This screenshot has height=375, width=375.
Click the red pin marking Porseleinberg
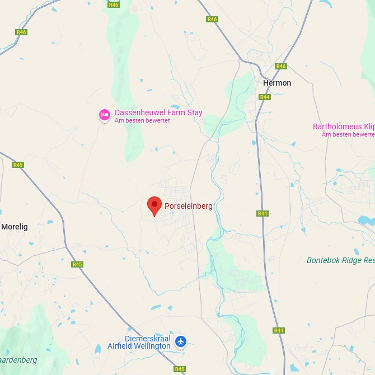154,205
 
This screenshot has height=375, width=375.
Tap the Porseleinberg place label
188,206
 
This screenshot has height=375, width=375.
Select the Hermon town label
277,83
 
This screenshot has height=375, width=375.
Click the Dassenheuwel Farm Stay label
158,112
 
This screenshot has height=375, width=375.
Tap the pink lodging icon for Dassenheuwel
104,115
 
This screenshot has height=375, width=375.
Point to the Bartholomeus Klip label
343,126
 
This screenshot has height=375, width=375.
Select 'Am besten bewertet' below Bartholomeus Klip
348,134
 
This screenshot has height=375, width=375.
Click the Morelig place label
15,227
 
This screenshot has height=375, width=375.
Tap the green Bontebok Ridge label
340,260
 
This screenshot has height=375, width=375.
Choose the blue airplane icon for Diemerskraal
180,341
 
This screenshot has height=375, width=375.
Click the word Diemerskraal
132,339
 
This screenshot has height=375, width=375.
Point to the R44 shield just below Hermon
265,97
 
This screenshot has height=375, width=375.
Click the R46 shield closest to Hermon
281,67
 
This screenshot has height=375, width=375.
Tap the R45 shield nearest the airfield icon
180,369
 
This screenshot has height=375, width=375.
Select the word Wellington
152,346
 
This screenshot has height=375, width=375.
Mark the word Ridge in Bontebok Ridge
350,260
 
